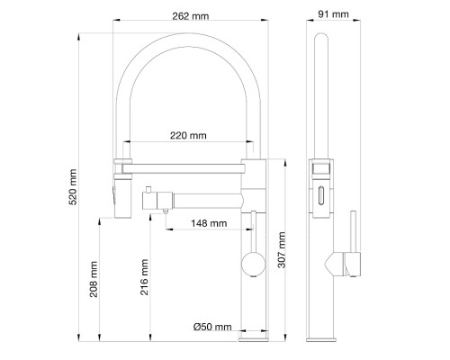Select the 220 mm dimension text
click(x=188, y=136)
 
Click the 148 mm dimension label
click(x=208, y=222)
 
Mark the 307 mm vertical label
click(x=282, y=250)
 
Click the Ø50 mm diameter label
click(x=212, y=326)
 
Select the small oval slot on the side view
click(x=320, y=193)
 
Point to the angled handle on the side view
click(x=335, y=264)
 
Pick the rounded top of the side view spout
click(x=321, y=41)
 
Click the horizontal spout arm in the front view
click(x=184, y=166)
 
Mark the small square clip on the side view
click(x=321, y=167)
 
